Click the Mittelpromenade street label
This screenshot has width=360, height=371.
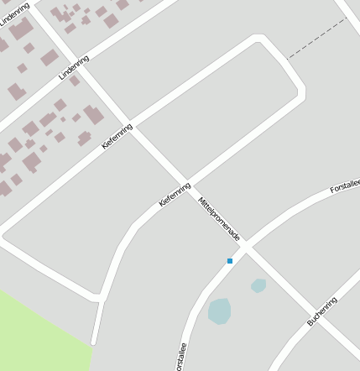(219, 219)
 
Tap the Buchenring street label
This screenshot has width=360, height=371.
(322, 311)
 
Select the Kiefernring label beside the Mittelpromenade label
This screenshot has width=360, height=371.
(175, 194)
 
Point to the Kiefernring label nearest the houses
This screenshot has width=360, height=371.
(117, 136)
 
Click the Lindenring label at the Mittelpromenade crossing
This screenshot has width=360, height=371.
(74, 66)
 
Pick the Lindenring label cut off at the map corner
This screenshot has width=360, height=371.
(14, 15)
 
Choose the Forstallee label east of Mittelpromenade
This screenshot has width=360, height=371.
(344, 185)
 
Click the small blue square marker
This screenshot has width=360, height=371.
(229, 261)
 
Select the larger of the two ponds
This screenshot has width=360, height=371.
(219, 311)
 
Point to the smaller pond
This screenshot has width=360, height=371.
(258, 285)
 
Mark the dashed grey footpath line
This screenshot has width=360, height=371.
(316, 39)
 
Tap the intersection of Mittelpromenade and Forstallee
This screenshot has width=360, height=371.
(248, 247)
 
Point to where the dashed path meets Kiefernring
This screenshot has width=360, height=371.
(287, 59)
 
